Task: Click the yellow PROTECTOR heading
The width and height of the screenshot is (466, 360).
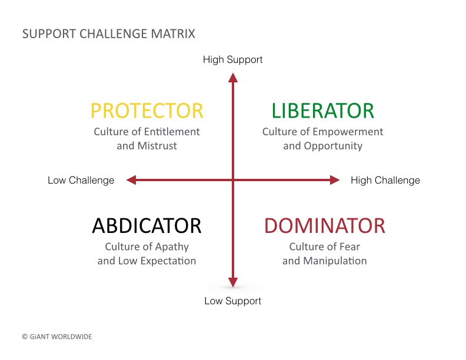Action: tap(147, 111)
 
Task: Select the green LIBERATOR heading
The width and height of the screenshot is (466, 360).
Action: tap(323, 111)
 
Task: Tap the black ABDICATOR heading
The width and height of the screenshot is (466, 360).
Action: tap(147, 225)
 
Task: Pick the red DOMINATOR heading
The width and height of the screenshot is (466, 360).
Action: tap(325, 225)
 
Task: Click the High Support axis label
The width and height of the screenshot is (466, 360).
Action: tap(232, 59)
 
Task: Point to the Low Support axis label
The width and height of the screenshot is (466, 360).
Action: tap(232, 301)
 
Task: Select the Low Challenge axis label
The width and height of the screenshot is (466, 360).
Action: tap(81, 181)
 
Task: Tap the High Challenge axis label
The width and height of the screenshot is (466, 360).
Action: tap(385, 181)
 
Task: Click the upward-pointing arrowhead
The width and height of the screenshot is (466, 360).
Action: tap(233, 78)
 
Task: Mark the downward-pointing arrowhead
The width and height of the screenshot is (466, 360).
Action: tap(233, 282)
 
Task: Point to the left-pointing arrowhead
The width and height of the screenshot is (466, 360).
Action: tap(131, 180)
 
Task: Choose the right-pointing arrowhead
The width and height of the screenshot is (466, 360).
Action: tap(335, 180)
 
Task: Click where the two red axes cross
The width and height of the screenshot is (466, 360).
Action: tap(233, 180)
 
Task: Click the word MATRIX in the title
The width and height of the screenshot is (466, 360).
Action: tap(173, 34)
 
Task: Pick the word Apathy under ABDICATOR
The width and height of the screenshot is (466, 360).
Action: tap(172, 247)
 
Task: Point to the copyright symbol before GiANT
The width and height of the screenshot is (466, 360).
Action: tap(25, 337)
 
